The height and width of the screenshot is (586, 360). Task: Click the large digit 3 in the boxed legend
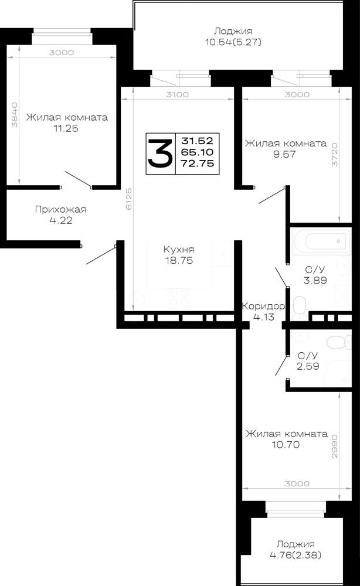(x=160, y=153)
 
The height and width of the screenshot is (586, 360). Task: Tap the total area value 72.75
(x=198, y=163)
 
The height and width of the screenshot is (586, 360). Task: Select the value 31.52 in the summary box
(x=198, y=141)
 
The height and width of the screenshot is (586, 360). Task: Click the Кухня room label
(x=179, y=249)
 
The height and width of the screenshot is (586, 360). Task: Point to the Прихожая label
(x=60, y=209)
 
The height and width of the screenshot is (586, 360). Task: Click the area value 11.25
(x=66, y=128)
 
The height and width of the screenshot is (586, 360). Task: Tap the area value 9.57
(x=284, y=154)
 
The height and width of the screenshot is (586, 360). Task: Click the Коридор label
(x=264, y=306)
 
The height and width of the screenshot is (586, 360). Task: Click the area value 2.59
(x=308, y=366)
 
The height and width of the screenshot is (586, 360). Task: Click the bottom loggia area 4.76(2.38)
(x=296, y=555)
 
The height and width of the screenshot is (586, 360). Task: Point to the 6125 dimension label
(x=128, y=199)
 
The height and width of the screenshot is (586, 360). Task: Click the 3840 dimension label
(x=15, y=115)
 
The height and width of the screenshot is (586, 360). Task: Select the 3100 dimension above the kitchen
(x=178, y=94)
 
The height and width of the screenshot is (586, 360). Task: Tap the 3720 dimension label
(x=335, y=154)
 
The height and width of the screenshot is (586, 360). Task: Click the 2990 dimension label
(x=335, y=446)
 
